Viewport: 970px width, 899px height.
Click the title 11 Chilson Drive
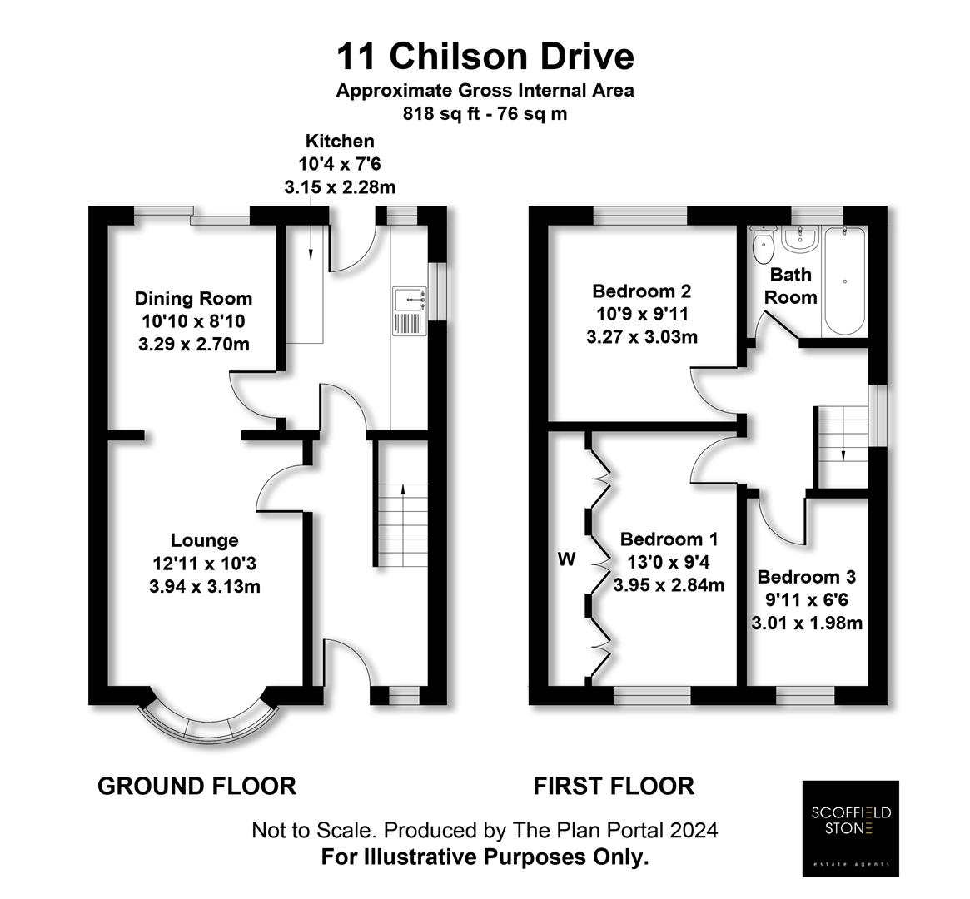point(485,57)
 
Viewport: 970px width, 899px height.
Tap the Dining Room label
point(193,298)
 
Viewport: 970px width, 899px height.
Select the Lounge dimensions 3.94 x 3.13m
point(205,586)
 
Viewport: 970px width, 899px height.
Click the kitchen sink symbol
point(409,310)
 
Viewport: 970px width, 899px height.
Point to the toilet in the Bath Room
point(762,245)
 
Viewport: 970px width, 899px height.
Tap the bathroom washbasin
point(801,241)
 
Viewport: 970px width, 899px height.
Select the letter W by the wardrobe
point(566,559)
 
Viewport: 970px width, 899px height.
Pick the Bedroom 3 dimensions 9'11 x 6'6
point(807,599)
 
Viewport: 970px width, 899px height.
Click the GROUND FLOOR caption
point(196,786)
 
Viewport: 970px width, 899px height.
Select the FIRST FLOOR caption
point(614,786)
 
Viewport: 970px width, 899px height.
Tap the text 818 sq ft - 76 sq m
point(485,114)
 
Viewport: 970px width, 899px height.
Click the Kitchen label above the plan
point(340,142)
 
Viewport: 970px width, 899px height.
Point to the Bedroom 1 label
point(669,539)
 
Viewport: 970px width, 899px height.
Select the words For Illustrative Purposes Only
point(485,857)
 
